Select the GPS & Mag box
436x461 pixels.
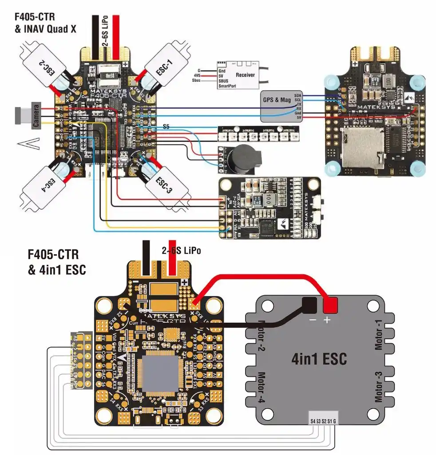click(x=277, y=100)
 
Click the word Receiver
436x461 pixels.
click(x=245, y=75)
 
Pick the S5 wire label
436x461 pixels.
click(x=166, y=127)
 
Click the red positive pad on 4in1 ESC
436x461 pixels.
click(x=330, y=305)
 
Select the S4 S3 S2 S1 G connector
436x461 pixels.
click(x=324, y=420)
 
